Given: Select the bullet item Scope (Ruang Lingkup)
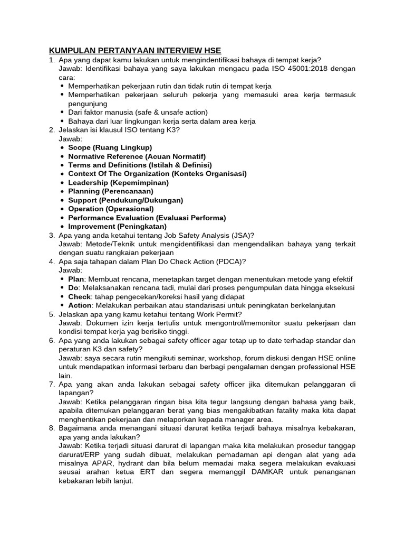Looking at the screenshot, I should click(x=110, y=147).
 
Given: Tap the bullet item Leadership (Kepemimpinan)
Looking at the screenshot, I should click(x=119, y=182).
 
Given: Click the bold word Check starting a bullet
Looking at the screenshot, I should click(x=80, y=296).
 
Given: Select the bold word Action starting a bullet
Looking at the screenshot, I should click(x=80, y=305).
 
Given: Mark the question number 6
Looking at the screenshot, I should click(x=52, y=340).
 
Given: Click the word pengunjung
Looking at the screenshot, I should click(x=88, y=104).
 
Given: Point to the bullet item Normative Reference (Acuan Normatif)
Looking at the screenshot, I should click(x=137, y=156).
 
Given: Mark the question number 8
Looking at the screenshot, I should click(x=52, y=428).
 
